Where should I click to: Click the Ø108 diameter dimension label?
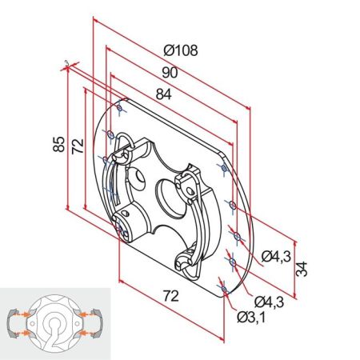[181, 50]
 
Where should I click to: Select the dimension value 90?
[169, 72]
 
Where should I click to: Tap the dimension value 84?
[163, 94]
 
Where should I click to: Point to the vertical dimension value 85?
[58, 144]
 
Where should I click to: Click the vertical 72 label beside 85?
[78, 146]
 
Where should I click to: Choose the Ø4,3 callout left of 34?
[276, 256]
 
